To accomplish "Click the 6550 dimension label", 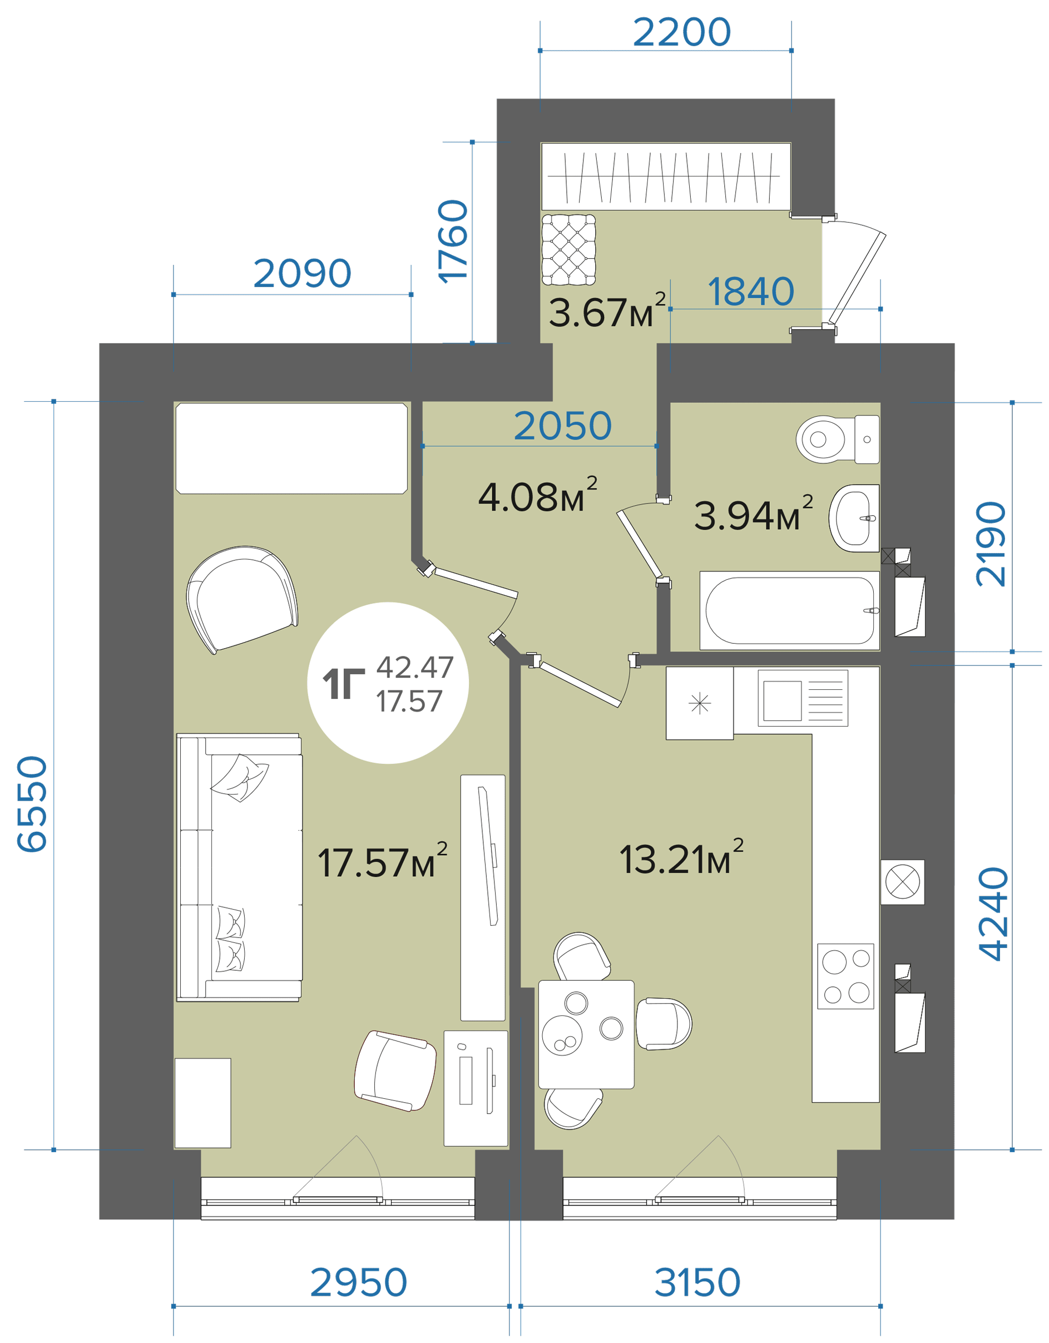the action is click(32, 804).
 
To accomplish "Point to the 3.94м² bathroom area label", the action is click(753, 513).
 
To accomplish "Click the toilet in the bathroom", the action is click(838, 439).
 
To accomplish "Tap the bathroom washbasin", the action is click(854, 518).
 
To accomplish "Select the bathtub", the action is click(789, 611).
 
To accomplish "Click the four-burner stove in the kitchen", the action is click(845, 976).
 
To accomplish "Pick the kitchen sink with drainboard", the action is click(803, 698).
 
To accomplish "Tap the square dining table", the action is click(586, 1034).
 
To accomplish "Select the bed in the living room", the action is click(291, 448).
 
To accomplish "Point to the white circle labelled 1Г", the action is click(388, 683).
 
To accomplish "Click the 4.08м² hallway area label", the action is click(537, 496).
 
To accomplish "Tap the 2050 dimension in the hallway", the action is click(563, 426).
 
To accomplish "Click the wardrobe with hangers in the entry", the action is click(666, 176).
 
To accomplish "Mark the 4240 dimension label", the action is click(994, 913).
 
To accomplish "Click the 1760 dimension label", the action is click(453, 241).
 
